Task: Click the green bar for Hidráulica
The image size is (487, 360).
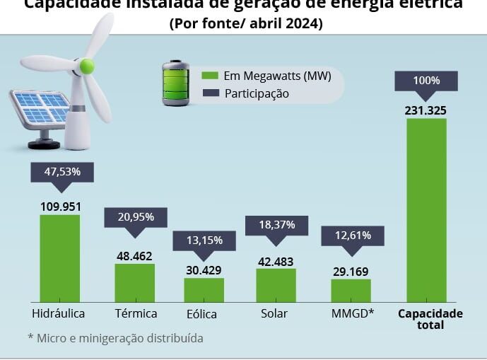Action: [x=59, y=259]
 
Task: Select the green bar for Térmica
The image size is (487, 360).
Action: [x=134, y=283]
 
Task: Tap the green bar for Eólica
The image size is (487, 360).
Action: [x=204, y=290]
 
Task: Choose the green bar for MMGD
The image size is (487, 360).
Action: [x=351, y=291]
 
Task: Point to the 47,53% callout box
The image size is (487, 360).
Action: [x=62, y=172]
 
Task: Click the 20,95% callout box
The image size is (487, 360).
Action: [x=136, y=216]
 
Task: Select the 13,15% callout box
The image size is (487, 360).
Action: [x=204, y=240]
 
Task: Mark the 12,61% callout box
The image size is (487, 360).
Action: [x=351, y=235]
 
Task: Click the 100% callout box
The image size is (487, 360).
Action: [x=426, y=81]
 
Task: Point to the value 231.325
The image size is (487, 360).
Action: [x=426, y=110]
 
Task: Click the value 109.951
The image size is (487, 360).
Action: [x=60, y=207]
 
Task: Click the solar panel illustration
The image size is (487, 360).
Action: [x=40, y=113]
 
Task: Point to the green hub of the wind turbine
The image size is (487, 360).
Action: [x=86, y=66]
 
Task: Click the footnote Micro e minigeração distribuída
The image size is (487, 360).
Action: [x=115, y=338]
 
